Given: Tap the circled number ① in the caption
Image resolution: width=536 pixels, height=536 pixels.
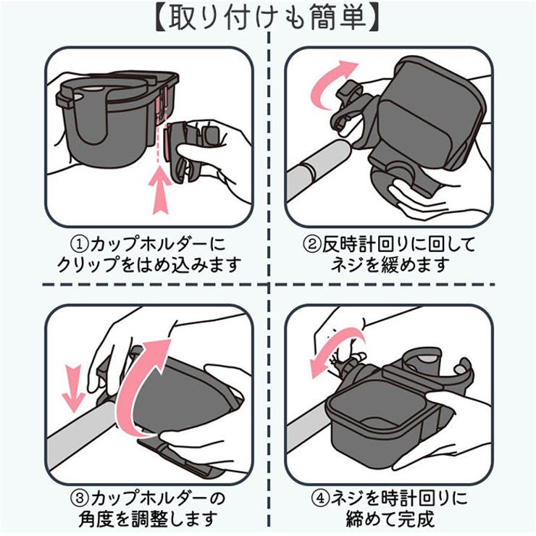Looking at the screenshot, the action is click(79, 244).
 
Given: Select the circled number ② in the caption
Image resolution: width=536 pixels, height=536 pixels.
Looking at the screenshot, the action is click(312, 244).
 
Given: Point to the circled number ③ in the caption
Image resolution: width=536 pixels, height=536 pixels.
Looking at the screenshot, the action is click(79, 498).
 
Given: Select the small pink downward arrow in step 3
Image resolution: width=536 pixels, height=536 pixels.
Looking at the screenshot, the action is click(73, 388).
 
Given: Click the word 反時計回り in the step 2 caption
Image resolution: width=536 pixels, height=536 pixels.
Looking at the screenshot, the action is click(370, 244).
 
